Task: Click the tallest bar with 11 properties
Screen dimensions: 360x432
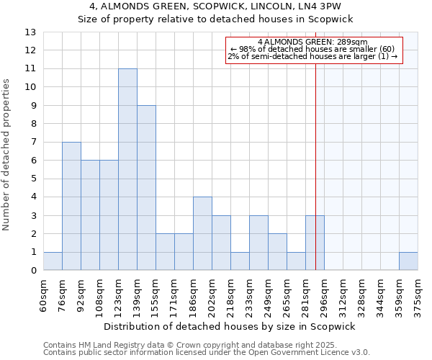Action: click(x=127, y=169)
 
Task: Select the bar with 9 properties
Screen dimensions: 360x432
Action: click(x=146, y=188)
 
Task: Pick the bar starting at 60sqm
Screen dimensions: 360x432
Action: click(x=53, y=261)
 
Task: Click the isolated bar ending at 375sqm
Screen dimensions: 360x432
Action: click(x=408, y=261)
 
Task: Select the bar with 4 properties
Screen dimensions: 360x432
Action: click(x=202, y=233)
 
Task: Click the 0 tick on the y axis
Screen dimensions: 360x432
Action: click(x=33, y=271)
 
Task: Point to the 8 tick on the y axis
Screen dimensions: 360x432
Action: click(x=33, y=124)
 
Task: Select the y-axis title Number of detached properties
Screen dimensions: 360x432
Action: click(x=6, y=155)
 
